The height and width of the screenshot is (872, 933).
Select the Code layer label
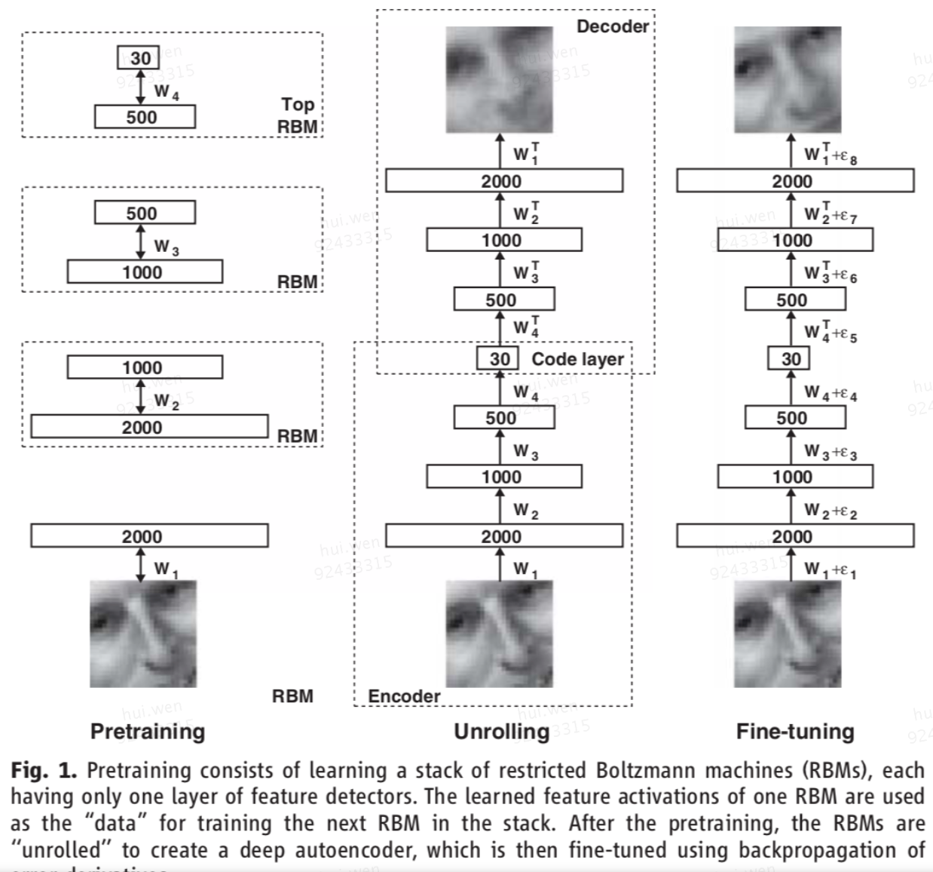coord(577,359)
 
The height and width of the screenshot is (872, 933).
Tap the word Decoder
coord(612,26)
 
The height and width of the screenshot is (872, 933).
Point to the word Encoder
coord(404,696)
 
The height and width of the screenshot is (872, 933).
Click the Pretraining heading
coord(148,731)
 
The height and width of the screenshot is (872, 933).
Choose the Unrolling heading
coord(501,731)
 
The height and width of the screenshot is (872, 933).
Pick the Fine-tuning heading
coord(795,731)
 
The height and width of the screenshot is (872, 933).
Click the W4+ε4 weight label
coord(830,393)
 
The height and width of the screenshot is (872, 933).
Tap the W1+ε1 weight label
coord(830,570)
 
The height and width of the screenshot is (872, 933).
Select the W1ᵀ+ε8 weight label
coord(830,155)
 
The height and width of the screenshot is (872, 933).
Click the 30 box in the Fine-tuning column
coord(791,359)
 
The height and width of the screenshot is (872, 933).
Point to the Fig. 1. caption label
coord(43,771)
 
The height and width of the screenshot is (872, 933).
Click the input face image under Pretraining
coord(143,634)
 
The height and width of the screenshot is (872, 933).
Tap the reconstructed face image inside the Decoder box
coord(499,80)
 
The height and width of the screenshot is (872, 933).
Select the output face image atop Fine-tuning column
coord(788,80)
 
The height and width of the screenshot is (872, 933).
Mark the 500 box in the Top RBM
coord(144,117)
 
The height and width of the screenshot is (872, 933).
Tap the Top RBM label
coord(298,115)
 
